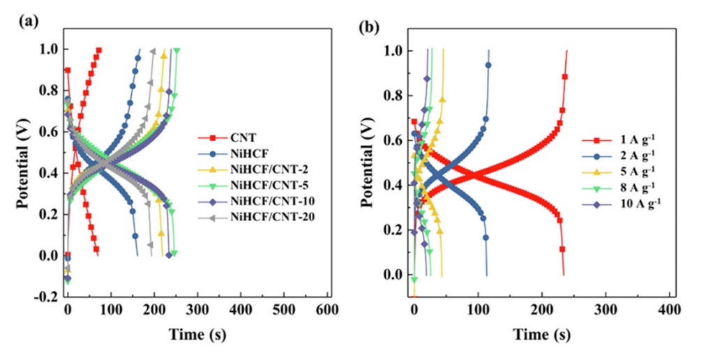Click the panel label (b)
coord(370,28)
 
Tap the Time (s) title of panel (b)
coord(541,333)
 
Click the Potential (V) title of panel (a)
coord(24,160)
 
